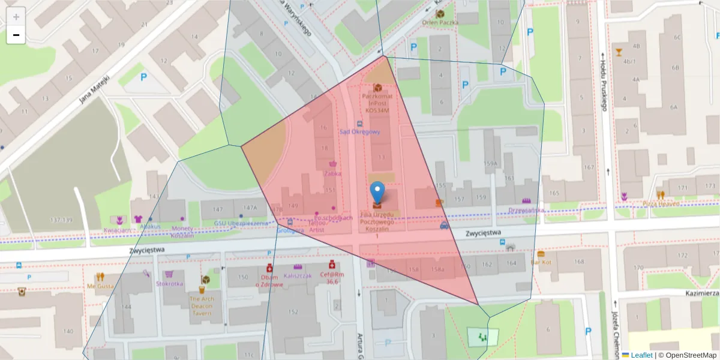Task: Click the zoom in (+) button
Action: [16, 17]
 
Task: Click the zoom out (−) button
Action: [16, 35]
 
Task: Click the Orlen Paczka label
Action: [440, 23]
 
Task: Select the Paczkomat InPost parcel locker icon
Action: [377, 88]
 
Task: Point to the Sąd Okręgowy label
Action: [359, 132]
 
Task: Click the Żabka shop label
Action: [332, 173]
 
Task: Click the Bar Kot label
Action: [541, 262]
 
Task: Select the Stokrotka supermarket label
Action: [169, 283]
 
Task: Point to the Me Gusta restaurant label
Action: [100, 286]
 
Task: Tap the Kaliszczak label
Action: [298, 275]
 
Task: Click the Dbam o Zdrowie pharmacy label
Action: [269, 280]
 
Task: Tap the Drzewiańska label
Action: [526, 210]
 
